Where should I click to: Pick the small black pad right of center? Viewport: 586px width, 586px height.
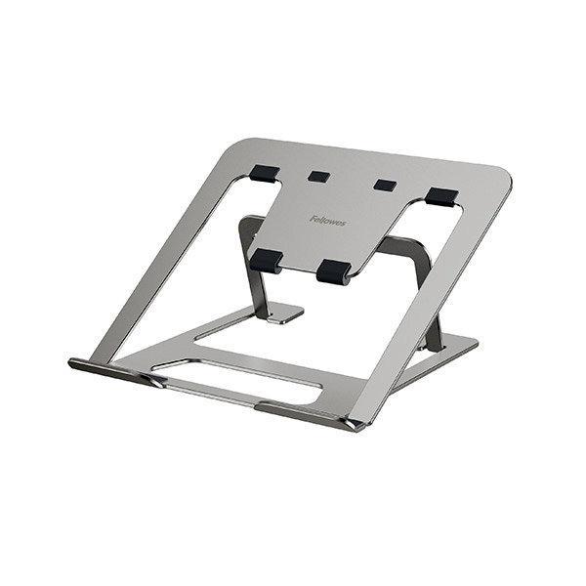tap(383, 186)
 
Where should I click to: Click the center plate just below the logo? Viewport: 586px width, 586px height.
tap(313, 244)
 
